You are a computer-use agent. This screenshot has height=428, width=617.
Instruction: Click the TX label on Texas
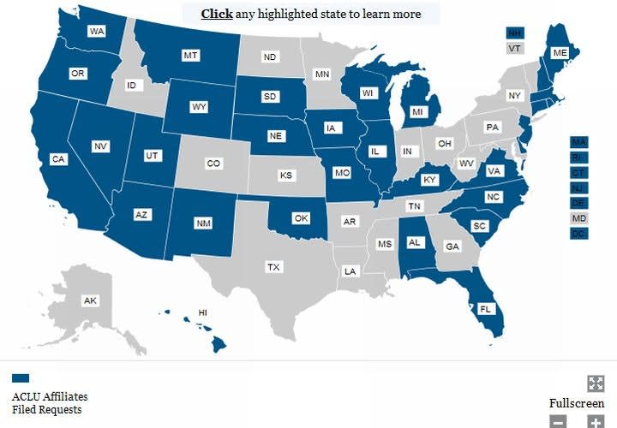click(273, 267)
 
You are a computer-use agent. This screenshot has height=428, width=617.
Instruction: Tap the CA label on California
click(58, 159)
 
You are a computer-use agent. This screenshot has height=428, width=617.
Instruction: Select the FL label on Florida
click(485, 309)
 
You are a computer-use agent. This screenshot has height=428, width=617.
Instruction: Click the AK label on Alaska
click(89, 301)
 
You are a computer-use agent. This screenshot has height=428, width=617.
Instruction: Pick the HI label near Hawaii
click(203, 312)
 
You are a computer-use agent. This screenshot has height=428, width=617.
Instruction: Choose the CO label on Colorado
click(213, 163)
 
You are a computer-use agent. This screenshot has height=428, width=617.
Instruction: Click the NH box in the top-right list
click(514, 33)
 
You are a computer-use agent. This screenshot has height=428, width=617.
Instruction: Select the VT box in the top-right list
click(514, 49)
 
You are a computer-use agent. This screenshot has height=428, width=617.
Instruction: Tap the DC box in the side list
click(579, 234)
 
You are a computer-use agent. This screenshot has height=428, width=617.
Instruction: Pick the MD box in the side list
click(579, 218)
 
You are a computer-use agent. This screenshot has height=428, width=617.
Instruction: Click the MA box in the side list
click(579, 141)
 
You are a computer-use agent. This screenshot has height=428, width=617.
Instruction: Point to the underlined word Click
click(217, 14)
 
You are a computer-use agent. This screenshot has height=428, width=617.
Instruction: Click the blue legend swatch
click(21, 377)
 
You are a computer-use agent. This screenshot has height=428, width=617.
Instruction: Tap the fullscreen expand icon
click(596, 383)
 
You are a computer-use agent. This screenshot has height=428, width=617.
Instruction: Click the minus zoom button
click(558, 421)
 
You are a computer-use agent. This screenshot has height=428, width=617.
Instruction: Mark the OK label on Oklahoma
click(300, 218)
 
